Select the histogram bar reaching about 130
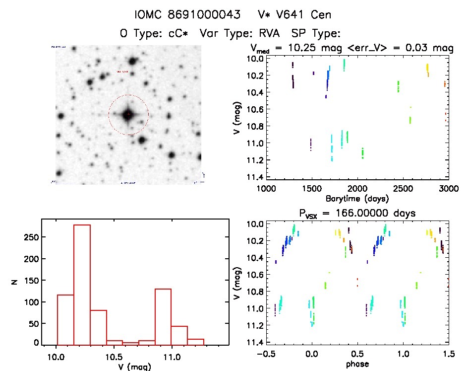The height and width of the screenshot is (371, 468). tap(163, 316)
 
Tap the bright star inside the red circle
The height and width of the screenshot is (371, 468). tap(128, 114)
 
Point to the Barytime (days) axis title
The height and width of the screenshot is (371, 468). tap(357, 198)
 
